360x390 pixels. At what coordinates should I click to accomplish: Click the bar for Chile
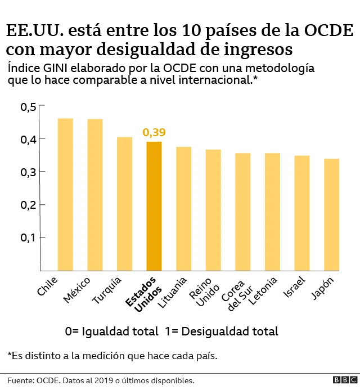[x=65, y=194]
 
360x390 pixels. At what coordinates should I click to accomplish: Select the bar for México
[x=94, y=195]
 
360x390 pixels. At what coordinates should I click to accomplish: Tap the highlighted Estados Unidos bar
[x=154, y=206]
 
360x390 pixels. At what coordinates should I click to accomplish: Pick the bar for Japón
[x=331, y=214]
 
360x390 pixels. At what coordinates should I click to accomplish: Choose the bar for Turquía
[x=124, y=204]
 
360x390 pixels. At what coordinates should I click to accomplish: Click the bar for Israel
[x=302, y=213]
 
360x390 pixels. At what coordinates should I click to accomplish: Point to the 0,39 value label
[x=154, y=133]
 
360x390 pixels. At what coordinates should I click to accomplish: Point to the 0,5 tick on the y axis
[x=28, y=107]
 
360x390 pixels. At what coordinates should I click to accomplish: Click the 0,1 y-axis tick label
[x=28, y=237]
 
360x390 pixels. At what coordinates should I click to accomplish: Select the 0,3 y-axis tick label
[x=28, y=172]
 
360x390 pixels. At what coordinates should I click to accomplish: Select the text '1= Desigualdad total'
[x=222, y=331]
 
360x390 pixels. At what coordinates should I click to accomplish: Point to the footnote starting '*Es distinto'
[x=112, y=356]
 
